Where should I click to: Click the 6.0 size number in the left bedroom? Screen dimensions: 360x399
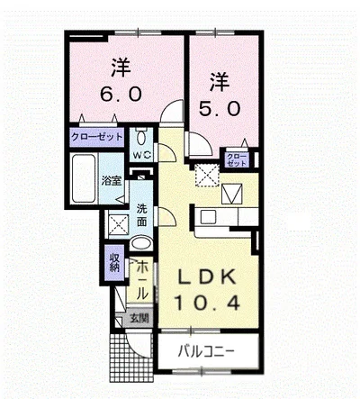[121, 95]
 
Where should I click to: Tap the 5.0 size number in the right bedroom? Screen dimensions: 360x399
[220, 108]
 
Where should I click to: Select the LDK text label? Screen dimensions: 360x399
[207, 277]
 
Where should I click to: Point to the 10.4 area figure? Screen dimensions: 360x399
[207, 303]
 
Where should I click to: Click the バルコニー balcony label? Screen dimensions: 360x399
[206, 351]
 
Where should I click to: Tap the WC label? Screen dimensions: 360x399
[141, 155]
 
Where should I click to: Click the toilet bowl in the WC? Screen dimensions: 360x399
[141, 137]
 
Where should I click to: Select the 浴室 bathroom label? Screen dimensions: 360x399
[112, 181]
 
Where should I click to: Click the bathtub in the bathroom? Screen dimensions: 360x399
[84, 178]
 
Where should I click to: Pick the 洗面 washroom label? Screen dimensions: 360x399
[142, 215]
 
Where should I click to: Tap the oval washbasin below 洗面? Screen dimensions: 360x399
[141, 242]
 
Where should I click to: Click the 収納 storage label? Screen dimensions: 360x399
[114, 262]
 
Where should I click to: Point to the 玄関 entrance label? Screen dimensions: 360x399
[139, 318]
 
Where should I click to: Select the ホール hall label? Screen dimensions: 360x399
[142, 280]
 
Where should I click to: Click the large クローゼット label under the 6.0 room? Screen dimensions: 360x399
[97, 137]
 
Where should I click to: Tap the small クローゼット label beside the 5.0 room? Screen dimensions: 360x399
[237, 159]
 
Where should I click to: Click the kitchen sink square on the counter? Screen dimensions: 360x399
[208, 216]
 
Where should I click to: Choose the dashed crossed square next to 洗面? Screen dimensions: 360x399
[118, 224]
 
